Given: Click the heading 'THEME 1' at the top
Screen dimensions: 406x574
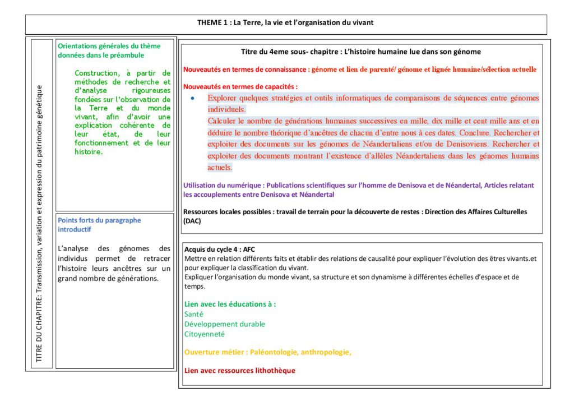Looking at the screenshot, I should tap(212, 23).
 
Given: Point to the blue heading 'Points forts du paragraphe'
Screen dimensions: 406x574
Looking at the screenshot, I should tap(100, 220).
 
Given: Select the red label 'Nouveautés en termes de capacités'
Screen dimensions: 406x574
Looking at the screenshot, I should tap(240, 87).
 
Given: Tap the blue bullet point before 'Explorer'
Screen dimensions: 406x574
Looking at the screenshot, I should tap(193, 98).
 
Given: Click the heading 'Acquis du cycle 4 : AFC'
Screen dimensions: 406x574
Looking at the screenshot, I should tap(220, 249).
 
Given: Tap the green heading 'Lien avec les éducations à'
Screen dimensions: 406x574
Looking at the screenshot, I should tap(230, 304).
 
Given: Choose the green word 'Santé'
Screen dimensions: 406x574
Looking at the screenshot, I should tap(194, 315).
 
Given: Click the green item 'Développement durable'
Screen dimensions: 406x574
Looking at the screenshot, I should tap(225, 324).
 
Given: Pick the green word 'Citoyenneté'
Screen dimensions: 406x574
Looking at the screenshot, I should tap(205, 334).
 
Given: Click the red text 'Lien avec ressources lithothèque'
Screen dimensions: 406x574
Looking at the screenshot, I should tap(240, 371).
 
